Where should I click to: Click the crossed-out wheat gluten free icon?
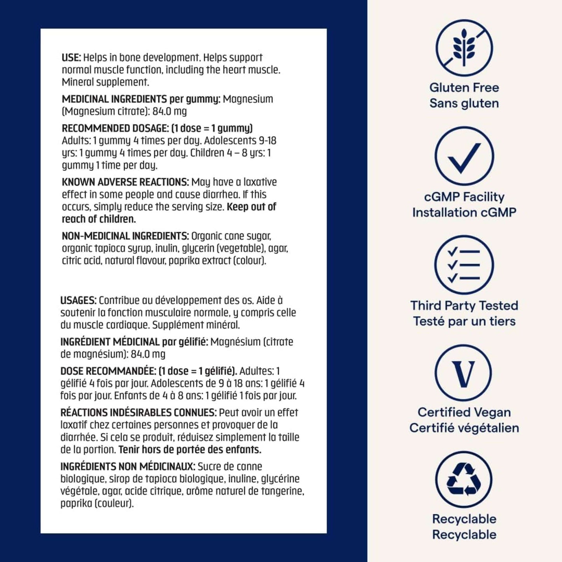click(x=464, y=49)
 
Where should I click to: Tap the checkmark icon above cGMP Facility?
click(x=464, y=156)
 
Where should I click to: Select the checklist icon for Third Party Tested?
click(x=464, y=265)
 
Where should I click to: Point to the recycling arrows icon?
click(x=464, y=480)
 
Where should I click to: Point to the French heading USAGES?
click(x=78, y=300)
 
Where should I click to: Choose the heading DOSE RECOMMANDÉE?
click(x=108, y=371)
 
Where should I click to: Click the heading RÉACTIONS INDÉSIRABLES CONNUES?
click(x=138, y=413)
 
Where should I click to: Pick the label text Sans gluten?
click(x=464, y=103)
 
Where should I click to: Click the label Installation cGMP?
click(x=464, y=212)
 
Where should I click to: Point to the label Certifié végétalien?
click(x=464, y=428)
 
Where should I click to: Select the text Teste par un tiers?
click(x=464, y=321)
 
